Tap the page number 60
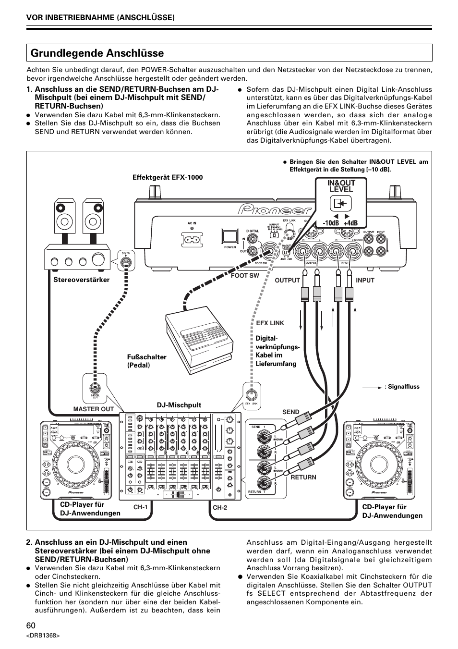(31, 625)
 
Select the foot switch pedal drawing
(198, 338)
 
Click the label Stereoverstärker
(81, 280)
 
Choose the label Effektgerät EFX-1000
(168, 177)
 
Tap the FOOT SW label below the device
(245, 276)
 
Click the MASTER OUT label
(94, 409)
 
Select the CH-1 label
(140, 507)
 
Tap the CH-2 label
(219, 507)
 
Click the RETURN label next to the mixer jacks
(303, 477)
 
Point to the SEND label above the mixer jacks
(290, 412)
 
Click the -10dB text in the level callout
(330, 223)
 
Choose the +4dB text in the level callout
(351, 223)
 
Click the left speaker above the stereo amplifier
(64, 216)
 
